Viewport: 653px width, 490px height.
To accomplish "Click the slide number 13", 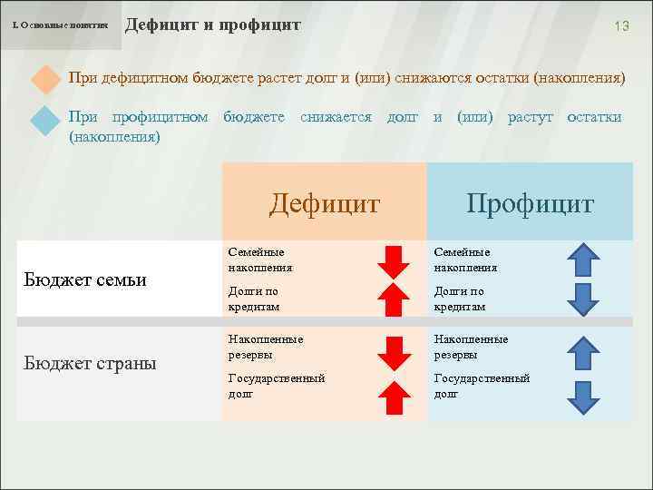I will pyautogui.click(x=621, y=26).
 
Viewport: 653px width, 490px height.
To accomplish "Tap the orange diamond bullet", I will pyautogui.click(x=44, y=78).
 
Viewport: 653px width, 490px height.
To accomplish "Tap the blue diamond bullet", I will pyautogui.click(x=44, y=121).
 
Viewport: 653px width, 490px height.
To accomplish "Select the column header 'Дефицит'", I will pyautogui.click(x=324, y=202).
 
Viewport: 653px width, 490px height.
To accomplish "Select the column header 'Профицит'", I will pyautogui.click(x=530, y=202).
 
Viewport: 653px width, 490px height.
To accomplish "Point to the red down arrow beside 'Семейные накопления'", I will pyautogui.click(x=394, y=260).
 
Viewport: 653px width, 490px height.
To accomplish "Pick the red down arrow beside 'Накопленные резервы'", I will pyautogui.click(x=394, y=352).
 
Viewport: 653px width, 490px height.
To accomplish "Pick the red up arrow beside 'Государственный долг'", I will pyautogui.click(x=394, y=397).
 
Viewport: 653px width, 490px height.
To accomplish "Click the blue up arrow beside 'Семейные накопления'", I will pyautogui.click(x=584, y=260).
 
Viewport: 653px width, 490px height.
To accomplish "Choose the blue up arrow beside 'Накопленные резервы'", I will pyautogui.click(x=584, y=352).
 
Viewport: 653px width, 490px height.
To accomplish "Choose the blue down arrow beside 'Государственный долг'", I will pyautogui.click(x=584, y=397).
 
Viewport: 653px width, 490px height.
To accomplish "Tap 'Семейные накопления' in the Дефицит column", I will pyautogui.click(x=260, y=260).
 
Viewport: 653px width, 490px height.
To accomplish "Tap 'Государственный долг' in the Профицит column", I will pyautogui.click(x=482, y=386).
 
